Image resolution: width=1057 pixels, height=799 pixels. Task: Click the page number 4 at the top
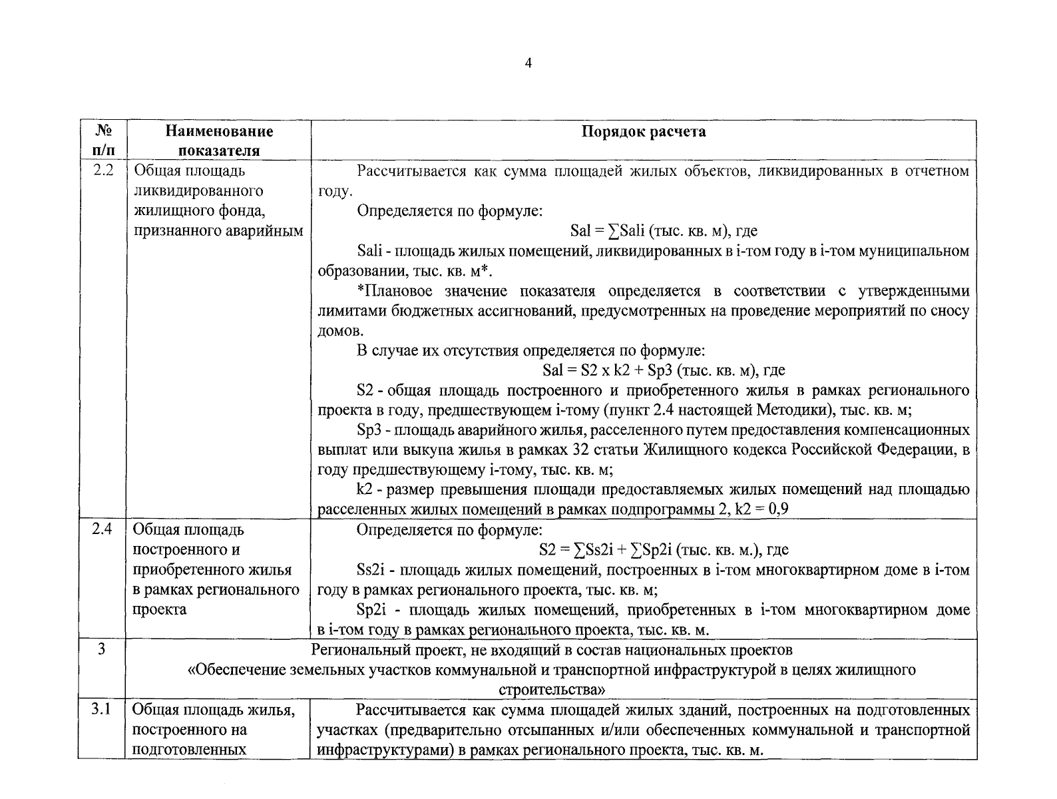(x=528, y=63)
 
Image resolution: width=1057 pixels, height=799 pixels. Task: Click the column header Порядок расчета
(x=643, y=132)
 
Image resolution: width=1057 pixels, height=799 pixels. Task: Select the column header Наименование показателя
(x=219, y=140)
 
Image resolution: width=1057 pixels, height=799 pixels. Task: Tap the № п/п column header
(x=101, y=140)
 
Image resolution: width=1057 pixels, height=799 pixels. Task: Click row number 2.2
(x=103, y=170)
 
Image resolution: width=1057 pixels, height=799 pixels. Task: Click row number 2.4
(x=103, y=529)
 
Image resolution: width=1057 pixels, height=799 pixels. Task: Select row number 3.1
(x=101, y=709)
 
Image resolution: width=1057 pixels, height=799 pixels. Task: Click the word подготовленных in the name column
(x=190, y=749)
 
